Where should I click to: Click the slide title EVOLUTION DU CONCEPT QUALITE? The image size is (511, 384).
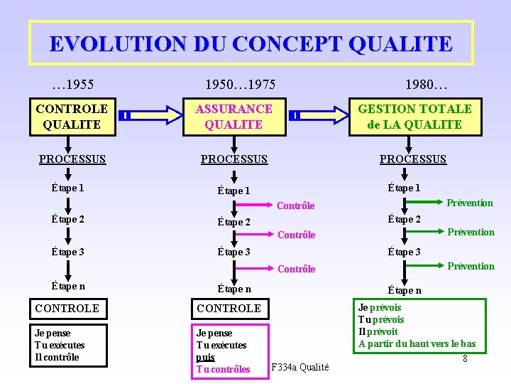(251, 43)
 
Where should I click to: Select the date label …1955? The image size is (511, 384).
(74, 85)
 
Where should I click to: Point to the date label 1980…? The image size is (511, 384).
(426, 85)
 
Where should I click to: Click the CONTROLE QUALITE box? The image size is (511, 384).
(72, 117)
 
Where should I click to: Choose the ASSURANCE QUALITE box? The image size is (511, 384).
(233, 117)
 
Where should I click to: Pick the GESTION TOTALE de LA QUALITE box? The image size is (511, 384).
(414, 117)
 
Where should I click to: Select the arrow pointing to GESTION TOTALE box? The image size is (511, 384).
(322, 114)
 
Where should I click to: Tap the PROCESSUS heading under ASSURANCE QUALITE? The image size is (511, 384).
(234, 159)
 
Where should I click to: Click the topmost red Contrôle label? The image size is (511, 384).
(295, 206)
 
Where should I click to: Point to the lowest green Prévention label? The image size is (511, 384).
(471, 266)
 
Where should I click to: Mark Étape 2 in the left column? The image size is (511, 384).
(67, 219)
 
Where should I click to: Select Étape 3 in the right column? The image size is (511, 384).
(404, 252)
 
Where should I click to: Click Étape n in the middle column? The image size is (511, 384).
(234, 289)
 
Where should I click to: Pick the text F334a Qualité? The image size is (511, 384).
(300, 368)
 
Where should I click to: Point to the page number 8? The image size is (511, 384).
(465, 358)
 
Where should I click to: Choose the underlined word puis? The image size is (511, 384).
(205, 357)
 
